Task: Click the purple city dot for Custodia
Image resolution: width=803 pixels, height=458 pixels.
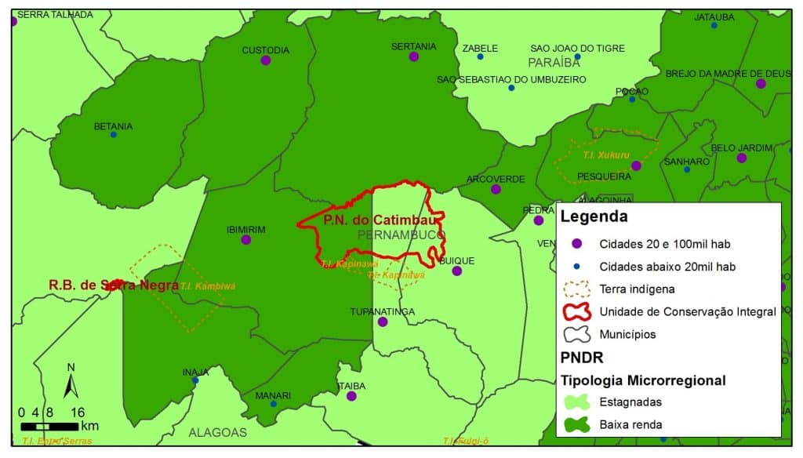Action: [266, 60]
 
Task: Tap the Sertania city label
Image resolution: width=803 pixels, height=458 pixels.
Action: [413, 46]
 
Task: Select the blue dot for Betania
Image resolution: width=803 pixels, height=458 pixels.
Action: [114, 135]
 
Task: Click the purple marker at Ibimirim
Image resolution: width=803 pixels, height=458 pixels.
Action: [246, 240]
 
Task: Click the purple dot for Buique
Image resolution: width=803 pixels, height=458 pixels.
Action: [457, 271]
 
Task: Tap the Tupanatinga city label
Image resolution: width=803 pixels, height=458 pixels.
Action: [382, 311]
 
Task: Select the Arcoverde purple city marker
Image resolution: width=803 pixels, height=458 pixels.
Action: [496, 189]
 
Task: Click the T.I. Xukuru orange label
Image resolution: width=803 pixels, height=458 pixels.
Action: [606, 155]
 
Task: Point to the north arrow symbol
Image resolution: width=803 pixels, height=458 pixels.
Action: [71, 383]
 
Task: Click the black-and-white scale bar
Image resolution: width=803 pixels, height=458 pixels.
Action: [49, 427]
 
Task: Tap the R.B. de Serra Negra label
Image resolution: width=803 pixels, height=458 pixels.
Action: [113, 285]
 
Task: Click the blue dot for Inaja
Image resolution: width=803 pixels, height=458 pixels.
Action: [194, 381]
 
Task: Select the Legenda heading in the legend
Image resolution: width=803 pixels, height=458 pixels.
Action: [594, 217]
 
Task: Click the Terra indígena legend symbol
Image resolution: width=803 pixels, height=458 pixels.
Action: [576, 289]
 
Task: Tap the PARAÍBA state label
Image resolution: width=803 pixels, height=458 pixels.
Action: [554, 62]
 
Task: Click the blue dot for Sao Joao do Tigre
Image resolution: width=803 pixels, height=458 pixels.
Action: [577, 57]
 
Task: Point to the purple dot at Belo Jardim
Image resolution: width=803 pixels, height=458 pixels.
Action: [742, 158]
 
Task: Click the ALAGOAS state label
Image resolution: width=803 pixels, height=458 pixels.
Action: [217, 432]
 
